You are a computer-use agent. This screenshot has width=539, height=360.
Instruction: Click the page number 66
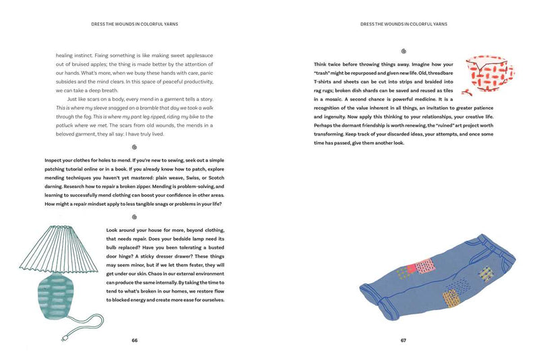pyautogui.click(x=135, y=340)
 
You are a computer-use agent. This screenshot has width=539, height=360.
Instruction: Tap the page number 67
pyautogui.click(x=404, y=340)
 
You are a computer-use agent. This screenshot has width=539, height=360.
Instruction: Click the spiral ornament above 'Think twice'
pyautogui.click(x=404, y=51)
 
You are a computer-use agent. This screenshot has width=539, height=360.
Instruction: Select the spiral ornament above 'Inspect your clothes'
pyautogui.click(x=134, y=146)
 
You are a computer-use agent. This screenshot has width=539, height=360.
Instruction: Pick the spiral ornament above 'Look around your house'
pyautogui.click(x=134, y=216)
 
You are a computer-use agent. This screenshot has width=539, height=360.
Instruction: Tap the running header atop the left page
pyautogui.click(x=134, y=24)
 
